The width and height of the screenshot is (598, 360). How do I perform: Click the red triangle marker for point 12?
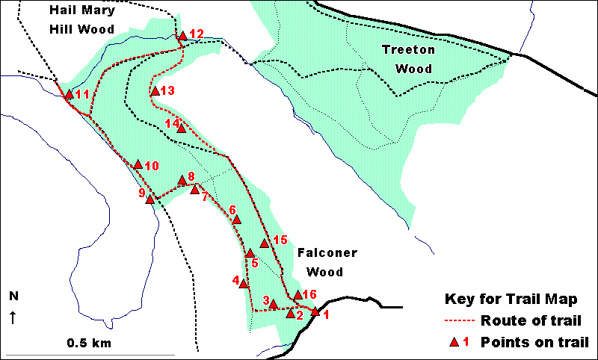pos(182,35)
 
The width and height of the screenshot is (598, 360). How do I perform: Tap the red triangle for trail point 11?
pos(69,95)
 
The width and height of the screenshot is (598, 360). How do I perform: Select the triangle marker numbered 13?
pos(155,91)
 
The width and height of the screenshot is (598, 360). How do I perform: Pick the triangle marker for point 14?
pos(181,128)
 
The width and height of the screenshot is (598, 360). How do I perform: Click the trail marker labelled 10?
pos(138,164)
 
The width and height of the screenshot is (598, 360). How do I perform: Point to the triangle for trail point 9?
pos(149,199)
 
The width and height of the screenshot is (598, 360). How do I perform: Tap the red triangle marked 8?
pos(182,180)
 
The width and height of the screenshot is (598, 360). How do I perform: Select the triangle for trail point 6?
pos(237,220)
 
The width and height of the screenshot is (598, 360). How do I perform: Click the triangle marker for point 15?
pos(264,243)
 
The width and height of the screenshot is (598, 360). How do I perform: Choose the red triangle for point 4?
pos(243,283)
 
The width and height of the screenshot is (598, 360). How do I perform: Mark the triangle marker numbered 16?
pos(298,295)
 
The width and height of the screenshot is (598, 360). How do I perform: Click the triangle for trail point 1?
pos(315,312)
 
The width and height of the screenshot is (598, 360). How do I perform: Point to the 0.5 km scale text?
pos(87,344)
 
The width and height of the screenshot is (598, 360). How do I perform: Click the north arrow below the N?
pos(13,317)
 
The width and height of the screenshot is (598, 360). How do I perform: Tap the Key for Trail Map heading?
pos(511,300)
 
